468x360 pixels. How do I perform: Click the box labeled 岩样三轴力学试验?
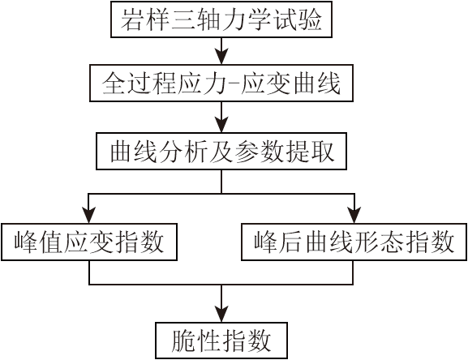[221, 19]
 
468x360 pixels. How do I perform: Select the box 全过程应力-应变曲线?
[221, 83]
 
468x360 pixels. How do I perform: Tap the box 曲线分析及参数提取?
[221, 152]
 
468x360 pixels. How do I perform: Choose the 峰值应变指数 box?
[89, 242]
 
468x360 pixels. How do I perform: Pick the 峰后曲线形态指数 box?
[354, 242]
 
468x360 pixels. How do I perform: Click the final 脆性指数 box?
[221, 341]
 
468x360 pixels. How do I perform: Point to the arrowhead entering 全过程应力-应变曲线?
[221, 57]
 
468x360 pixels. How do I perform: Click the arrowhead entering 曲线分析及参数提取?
[221, 125]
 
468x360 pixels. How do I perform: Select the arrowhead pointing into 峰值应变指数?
[89, 216]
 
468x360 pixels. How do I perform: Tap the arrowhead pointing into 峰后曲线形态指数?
[354, 216]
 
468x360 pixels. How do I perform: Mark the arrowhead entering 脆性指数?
[221, 314]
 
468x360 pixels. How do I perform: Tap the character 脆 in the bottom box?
[182, 341]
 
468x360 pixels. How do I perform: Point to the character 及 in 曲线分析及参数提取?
[221, 152]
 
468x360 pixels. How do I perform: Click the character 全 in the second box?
[113, 84]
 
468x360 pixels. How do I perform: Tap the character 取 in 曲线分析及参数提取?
[323, 152]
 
